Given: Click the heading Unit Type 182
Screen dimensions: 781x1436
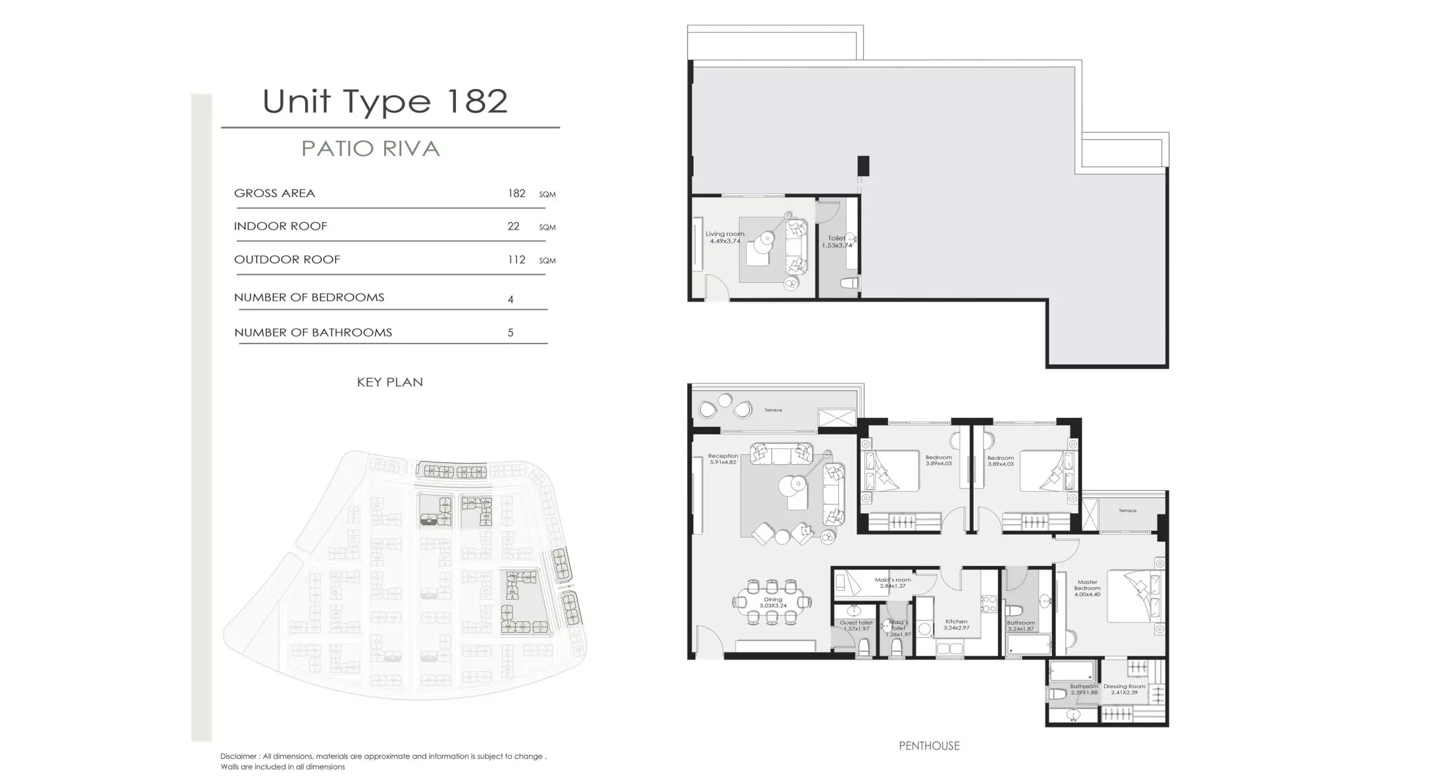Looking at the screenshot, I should (385, 101).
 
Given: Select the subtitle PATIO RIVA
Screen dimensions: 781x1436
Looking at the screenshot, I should (371, 149).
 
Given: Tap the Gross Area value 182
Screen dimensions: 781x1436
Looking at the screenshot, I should (516, 193).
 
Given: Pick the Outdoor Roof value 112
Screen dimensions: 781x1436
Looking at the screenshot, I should (516, 259).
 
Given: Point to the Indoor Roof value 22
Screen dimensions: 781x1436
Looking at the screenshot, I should (513, 226).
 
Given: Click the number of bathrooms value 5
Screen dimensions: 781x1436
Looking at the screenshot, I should (510, 333).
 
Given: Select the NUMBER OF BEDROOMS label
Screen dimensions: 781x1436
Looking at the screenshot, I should (309, 298).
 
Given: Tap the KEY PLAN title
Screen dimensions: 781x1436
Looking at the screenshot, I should (390, 382).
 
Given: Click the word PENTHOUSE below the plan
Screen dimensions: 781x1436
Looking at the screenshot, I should (929, 746).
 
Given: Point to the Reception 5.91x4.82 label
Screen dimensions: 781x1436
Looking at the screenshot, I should (723, 459).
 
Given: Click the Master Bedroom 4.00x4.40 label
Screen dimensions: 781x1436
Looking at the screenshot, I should (1087, 588).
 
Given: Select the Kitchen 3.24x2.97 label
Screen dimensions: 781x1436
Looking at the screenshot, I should (956, 625).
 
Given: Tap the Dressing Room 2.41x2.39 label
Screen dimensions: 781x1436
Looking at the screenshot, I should (1124, 689).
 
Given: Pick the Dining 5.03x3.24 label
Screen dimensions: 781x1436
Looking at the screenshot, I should (773, 602).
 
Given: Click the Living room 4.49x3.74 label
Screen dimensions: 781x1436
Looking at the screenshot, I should (724, 237).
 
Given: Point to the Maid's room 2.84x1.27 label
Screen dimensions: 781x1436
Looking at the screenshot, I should (892, 583).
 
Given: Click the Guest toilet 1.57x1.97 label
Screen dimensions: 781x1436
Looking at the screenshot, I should (856, 626).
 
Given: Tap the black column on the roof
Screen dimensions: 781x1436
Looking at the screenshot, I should (863, 166).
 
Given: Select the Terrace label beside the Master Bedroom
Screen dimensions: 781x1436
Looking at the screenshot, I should (1128, 511).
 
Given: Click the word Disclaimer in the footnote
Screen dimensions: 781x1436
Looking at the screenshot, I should (238, 757).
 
